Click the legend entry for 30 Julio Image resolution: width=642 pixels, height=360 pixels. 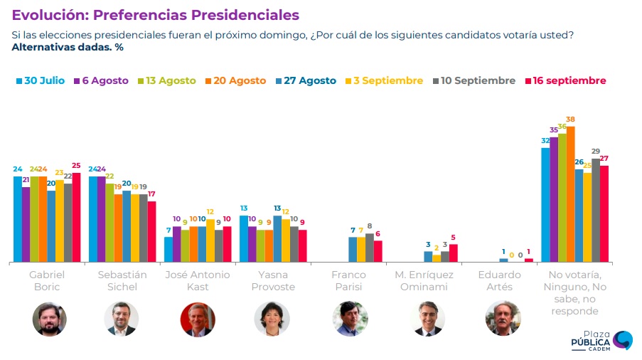[x=40, y=81]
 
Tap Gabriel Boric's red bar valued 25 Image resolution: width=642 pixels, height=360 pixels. [x=76, y=217]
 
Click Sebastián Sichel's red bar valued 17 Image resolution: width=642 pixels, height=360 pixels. [x=151, y=232]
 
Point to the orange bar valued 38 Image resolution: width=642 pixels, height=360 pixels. [x=570, y=194]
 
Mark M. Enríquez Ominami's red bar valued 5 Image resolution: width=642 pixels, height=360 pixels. [x=454, y=253]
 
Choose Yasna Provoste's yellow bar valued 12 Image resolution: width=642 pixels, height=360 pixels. [x=286, y=240]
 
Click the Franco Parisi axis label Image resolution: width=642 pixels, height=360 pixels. [x=348, y=280]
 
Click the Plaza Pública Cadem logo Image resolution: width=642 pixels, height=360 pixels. [x=601, y=341]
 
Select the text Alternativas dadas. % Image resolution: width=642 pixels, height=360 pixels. [x=68, y=48]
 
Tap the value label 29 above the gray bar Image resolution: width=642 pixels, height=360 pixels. [x=596, y=152]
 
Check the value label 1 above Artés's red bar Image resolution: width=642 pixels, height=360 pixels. [x=529, y=252]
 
